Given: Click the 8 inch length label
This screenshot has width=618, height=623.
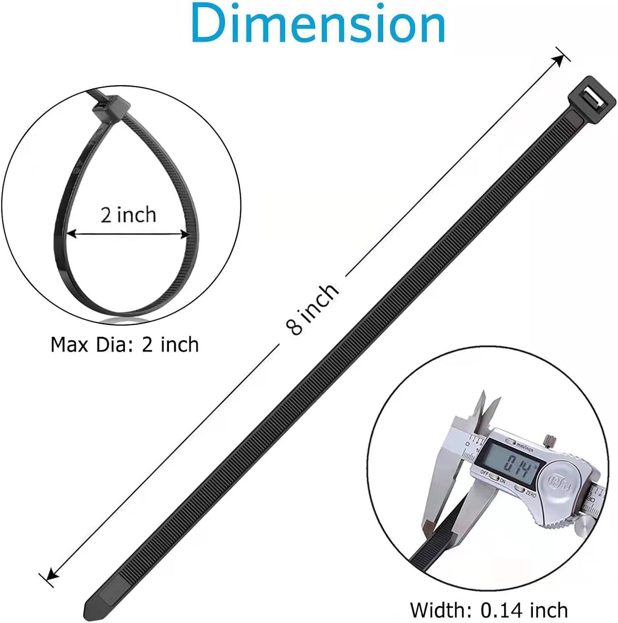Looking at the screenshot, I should (313, 308).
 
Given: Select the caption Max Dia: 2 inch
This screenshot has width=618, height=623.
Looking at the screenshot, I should (124, 345).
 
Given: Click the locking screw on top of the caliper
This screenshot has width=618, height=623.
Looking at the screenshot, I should (550, 440).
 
